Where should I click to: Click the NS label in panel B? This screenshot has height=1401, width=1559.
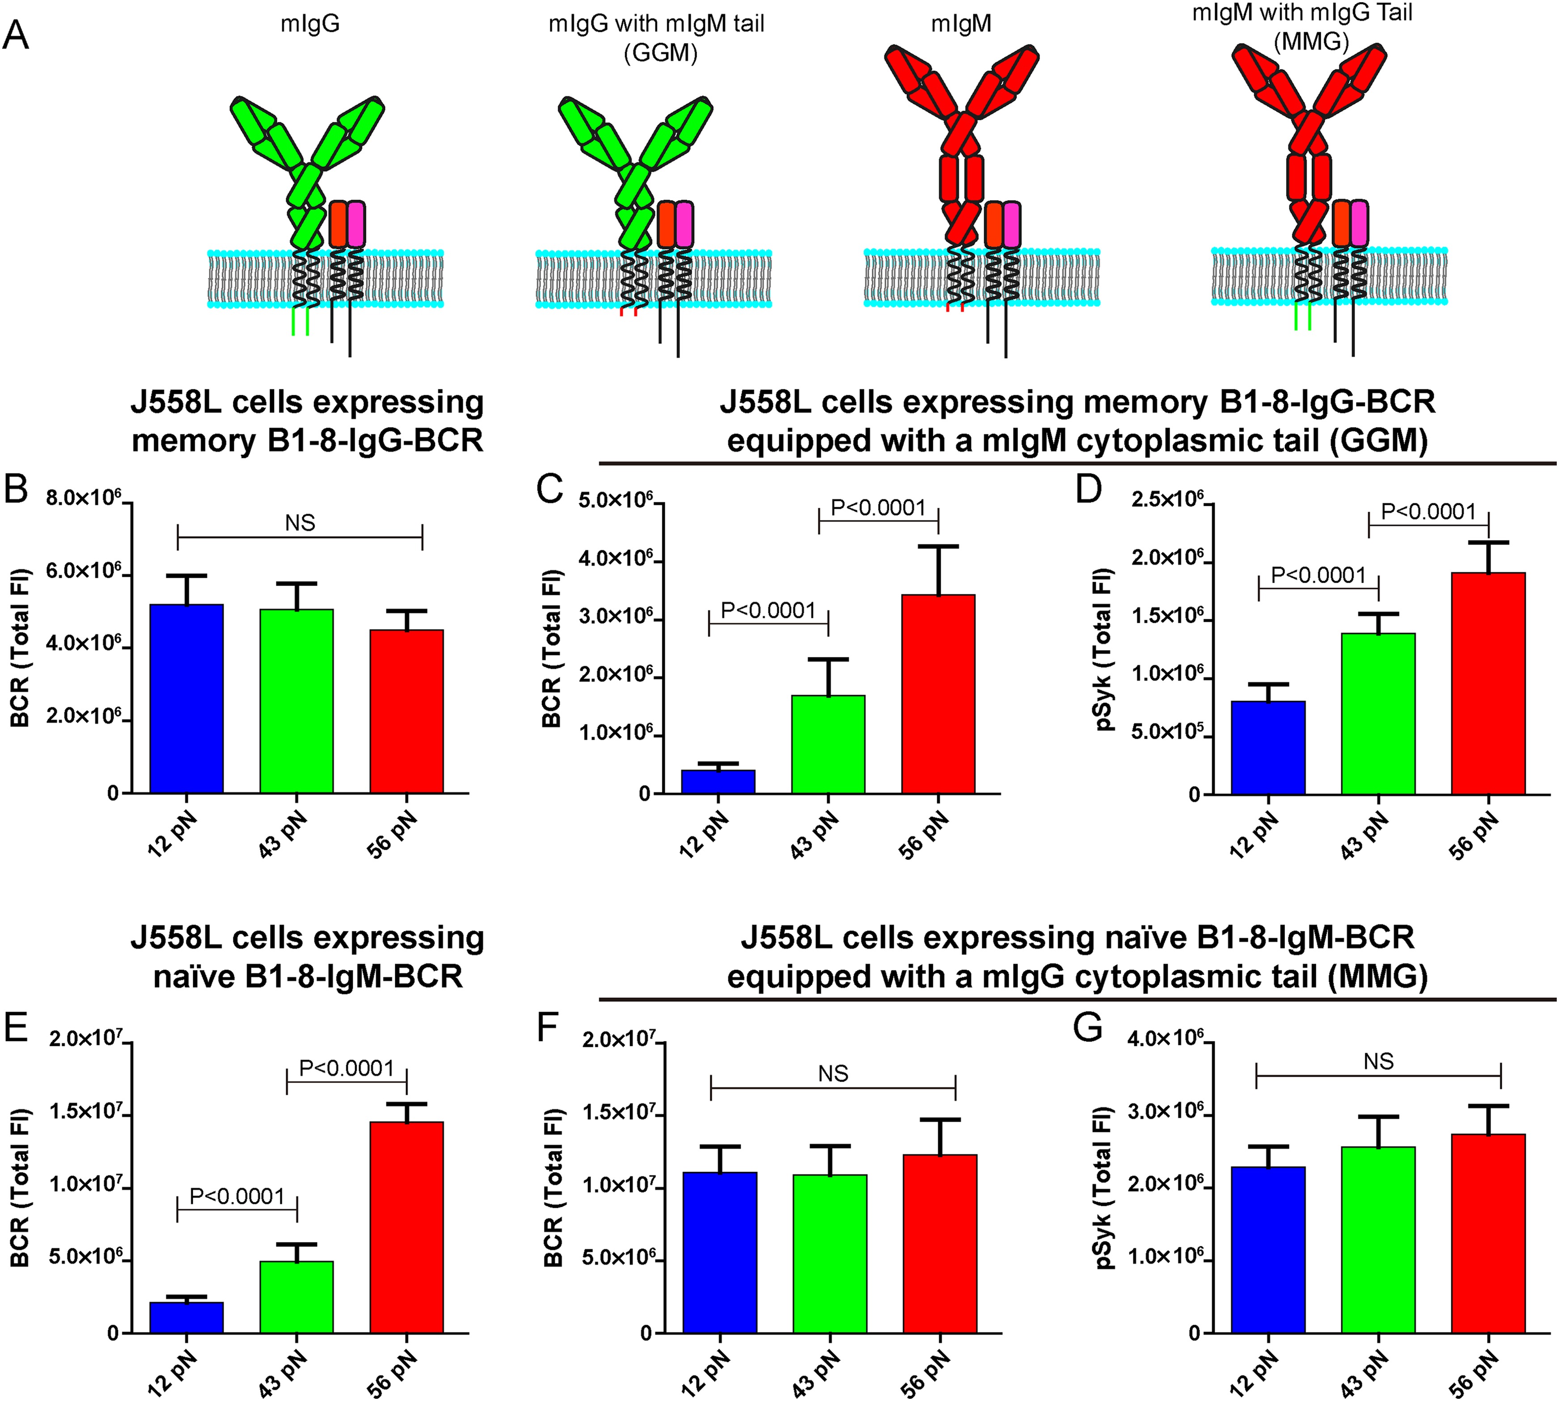(x=300, y=524)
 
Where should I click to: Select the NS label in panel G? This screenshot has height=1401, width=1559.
(x=1378, y=1062)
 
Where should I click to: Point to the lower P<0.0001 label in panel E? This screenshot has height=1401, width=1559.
(x=237, y=1196)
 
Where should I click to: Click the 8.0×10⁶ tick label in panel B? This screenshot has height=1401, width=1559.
(x=83, y=498)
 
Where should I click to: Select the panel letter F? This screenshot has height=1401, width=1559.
(x=547, y=1028)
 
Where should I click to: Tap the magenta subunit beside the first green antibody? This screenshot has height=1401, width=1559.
(x=355, y=224)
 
